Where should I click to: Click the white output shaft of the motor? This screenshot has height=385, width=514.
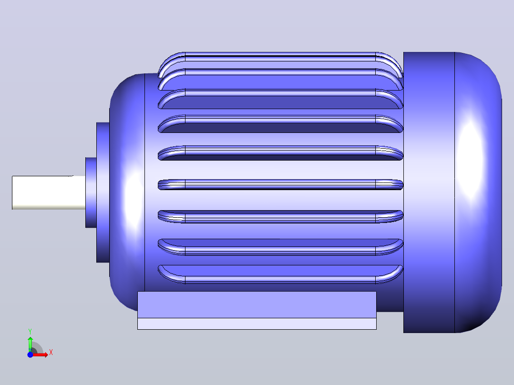click(49, 192)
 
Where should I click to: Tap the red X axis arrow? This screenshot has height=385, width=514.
click(41, 355)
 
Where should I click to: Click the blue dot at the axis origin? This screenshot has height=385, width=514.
click(30, 355)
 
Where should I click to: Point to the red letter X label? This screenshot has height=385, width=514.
click(51, 353)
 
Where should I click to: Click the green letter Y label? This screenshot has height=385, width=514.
click(30, 332)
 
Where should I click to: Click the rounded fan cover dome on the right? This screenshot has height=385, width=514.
click(478, 192)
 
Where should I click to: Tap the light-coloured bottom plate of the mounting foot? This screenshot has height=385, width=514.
click(257, 324)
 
